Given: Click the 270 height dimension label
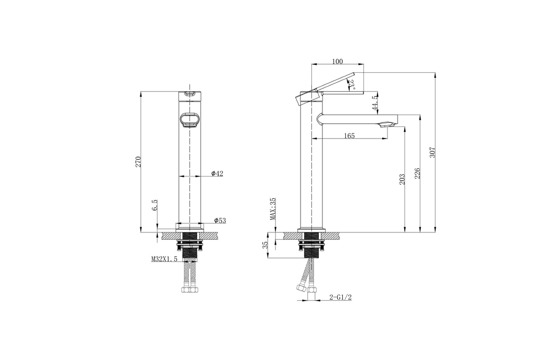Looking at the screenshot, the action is click(138, 162).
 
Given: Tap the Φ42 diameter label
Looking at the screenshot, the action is click(217, 173).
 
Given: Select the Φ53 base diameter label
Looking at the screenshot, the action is click(220, 220).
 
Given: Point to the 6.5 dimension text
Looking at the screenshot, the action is click(155, 205).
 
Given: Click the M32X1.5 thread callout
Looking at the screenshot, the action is click(164, 259).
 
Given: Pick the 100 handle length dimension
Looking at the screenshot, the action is click(337, 61).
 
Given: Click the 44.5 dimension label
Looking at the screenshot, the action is click(375, 103).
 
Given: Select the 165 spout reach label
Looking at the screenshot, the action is click(349, 136).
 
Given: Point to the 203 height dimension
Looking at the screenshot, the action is click(402, 179).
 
